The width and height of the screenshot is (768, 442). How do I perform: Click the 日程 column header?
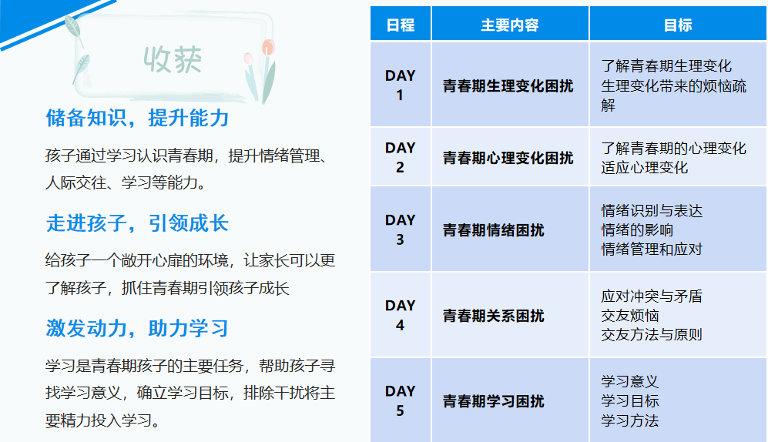[400, 25]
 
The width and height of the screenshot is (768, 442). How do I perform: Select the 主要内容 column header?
[509, 25]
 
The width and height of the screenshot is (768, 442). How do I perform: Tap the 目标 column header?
[678, 25]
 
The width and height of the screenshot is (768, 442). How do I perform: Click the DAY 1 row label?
[400, 85]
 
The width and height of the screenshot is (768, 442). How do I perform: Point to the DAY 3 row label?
[400, 229]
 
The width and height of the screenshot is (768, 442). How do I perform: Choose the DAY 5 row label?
[400, 401]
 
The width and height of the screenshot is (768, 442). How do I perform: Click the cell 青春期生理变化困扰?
[508, 86]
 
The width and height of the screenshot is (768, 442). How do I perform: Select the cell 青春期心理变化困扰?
[508, 158]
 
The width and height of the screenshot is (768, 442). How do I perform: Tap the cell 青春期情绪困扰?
[493, 230]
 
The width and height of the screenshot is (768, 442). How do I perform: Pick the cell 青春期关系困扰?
[493, 316]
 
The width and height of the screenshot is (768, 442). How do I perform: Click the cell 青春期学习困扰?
[493, 401]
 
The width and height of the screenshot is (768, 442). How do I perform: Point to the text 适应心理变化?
[645, 167]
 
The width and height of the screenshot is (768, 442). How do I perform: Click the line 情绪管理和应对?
[652, 249]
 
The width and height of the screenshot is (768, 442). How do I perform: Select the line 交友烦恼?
[630, 316]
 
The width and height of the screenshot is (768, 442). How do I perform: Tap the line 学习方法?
[630, 420]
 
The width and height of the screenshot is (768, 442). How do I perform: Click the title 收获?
[173, 60]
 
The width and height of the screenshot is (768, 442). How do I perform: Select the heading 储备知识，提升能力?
[137, 118]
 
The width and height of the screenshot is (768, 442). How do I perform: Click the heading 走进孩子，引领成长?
[137, 223]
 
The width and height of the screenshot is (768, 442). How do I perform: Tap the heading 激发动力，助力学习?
[137, 328]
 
